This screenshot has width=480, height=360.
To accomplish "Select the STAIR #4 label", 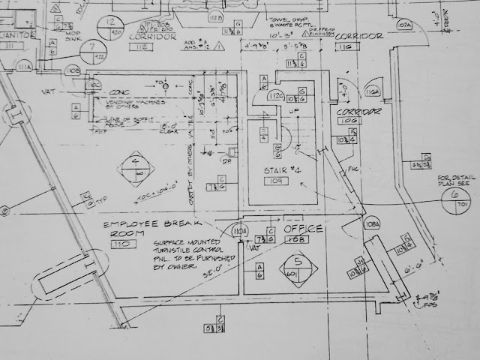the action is (281, 169).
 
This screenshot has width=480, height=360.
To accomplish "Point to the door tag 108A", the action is (371, 224).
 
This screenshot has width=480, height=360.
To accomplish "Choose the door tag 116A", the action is (371, 92).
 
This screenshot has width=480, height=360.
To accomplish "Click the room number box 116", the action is (346, 47).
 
